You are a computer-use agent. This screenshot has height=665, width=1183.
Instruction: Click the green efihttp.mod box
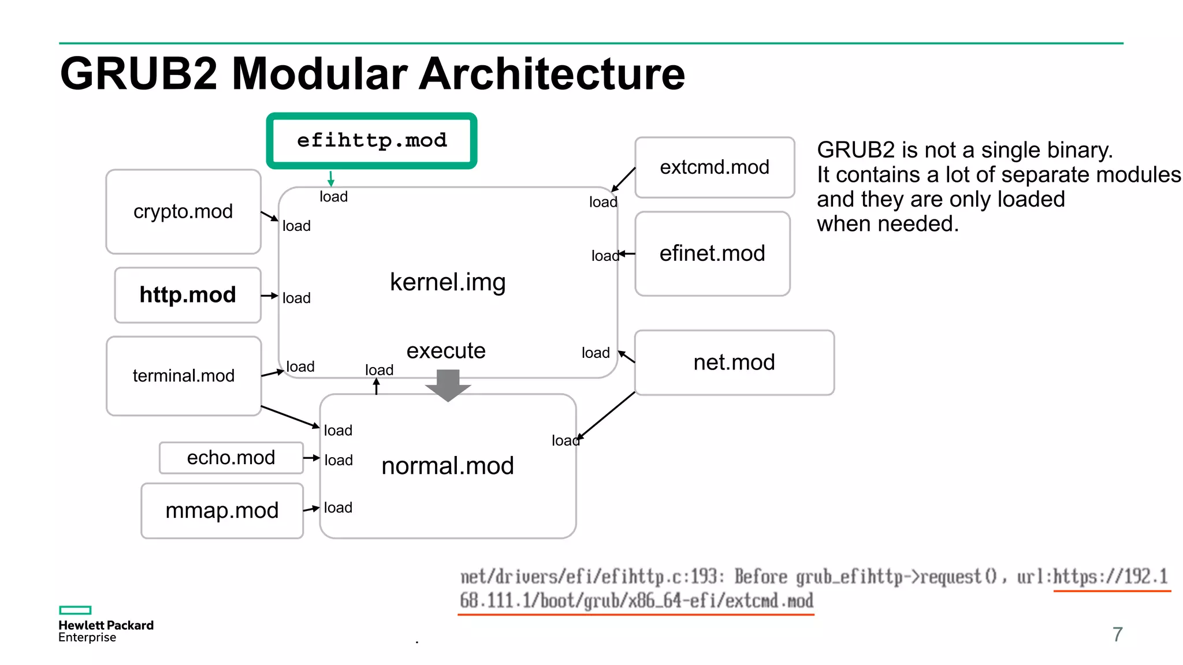(371, 141)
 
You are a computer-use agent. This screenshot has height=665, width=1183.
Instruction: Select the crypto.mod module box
(183, 212)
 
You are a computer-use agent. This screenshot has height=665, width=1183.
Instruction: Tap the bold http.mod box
(188, 295)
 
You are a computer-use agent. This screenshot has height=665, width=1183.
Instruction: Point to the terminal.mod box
(184, 376)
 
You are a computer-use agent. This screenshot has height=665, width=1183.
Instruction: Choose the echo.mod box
(231, 458)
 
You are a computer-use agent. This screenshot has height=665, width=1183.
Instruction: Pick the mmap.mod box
(222, 511)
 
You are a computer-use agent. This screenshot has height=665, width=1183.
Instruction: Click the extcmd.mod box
(715, 167)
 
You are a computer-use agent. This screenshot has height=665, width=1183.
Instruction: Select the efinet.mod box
(712, 253)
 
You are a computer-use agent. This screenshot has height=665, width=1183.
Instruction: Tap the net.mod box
(734, 363)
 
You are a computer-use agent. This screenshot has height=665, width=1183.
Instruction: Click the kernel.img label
(448, 282)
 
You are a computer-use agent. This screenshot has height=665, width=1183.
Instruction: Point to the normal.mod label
(448, 466)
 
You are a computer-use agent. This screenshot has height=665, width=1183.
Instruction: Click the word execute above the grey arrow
(446, 351)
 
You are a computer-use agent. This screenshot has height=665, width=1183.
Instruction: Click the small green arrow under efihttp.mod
(331, 179)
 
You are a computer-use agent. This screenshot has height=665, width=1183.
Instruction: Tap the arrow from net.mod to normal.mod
(607, 416)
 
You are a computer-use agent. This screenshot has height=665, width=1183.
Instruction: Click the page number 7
(1117, 634)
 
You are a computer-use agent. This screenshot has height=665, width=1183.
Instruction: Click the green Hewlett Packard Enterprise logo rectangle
(75, 610)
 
